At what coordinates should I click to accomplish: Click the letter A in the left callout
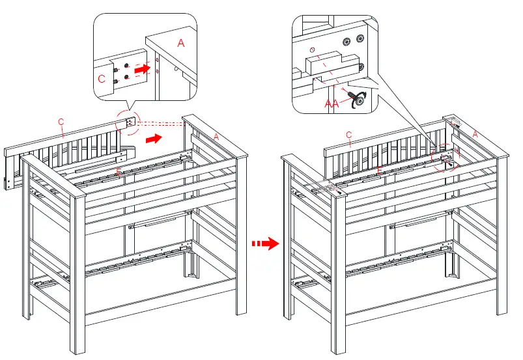click(180, 43)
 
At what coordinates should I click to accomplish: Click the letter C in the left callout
click(102, 79)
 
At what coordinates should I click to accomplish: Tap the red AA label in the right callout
click(332, 103)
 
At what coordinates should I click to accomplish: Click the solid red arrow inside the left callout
click(141, 66)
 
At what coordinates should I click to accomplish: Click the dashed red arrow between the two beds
click(265, 243)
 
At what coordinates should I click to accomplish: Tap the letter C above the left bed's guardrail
click(61, 122)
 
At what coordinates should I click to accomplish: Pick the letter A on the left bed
click(216, 135)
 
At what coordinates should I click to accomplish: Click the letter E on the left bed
click(118, 171)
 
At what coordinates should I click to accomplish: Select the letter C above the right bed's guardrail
click(348, 135)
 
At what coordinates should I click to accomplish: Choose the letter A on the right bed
click(475, 133)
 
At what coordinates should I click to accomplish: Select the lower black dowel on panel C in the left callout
click(115, 81)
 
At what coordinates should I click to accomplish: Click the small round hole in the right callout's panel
click(313, 49)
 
